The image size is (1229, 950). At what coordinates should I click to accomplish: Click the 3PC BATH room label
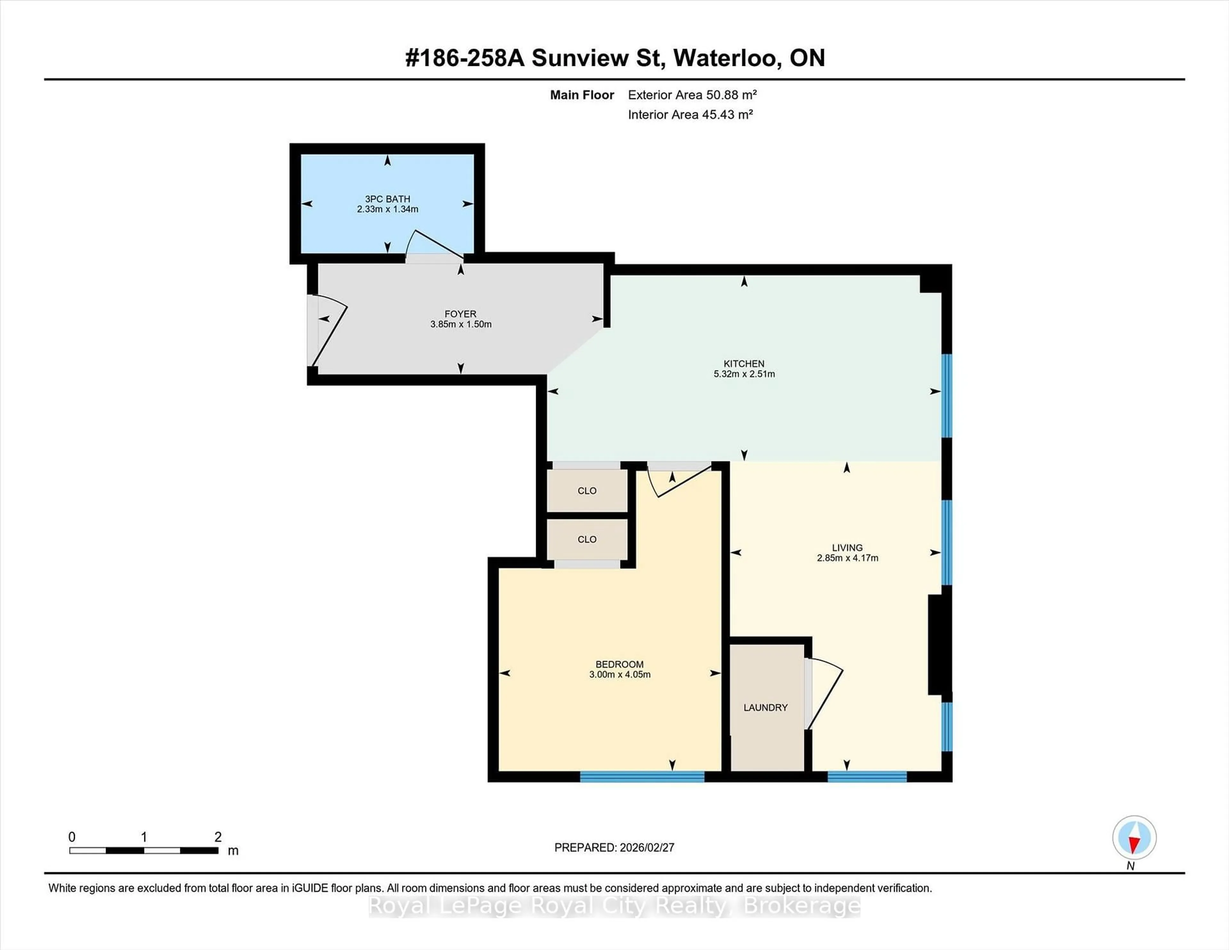point(387,199)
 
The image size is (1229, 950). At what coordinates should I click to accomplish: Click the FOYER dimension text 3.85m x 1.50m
point(461,324)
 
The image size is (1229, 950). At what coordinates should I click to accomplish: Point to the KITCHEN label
point(744,364)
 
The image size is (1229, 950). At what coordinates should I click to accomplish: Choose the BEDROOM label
point(620,664)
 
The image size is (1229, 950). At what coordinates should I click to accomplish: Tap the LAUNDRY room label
point(765,707)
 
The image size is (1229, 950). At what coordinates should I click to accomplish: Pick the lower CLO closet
point(587,539)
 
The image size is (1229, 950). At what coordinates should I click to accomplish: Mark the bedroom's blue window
point(642,777)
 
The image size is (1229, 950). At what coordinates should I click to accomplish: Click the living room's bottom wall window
point(867,777)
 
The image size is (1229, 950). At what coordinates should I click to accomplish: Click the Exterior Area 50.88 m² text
point(692,94)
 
